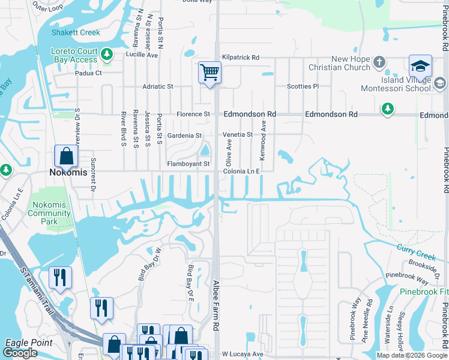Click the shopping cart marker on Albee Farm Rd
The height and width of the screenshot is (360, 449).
pyautogui.click(x=209, y=73)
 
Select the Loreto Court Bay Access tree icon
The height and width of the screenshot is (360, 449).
pyautogui.click(x=107, y=55)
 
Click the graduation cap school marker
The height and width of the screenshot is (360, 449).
pyautogui.click(x=420, y=65)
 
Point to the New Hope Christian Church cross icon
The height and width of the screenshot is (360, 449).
pyautogui.click(x=379, y=62)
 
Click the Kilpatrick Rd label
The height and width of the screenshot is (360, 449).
pyautogui.click(x=240, y=58)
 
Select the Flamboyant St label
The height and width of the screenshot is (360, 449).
pyautogui.click(x=188, y=164)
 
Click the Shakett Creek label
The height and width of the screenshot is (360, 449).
pyautogui.click(x=76, y=32)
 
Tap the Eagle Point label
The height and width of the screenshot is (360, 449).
pyautogui.click(x=28, y=343)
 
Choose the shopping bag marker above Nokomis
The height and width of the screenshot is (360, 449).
pyautogui.click(x=66, y=156)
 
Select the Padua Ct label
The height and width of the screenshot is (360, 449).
pyautogui.click(x=89, y=73)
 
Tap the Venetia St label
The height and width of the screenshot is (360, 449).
pyautogui.click(x=238, y=134)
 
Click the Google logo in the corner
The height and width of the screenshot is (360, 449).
pyautogui.click(x=20, y=353)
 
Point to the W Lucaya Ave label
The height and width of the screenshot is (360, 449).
pyautogui.click(x=243, y=354)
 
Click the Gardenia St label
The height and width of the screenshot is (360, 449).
pyautogui.click(x=184, y=136)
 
